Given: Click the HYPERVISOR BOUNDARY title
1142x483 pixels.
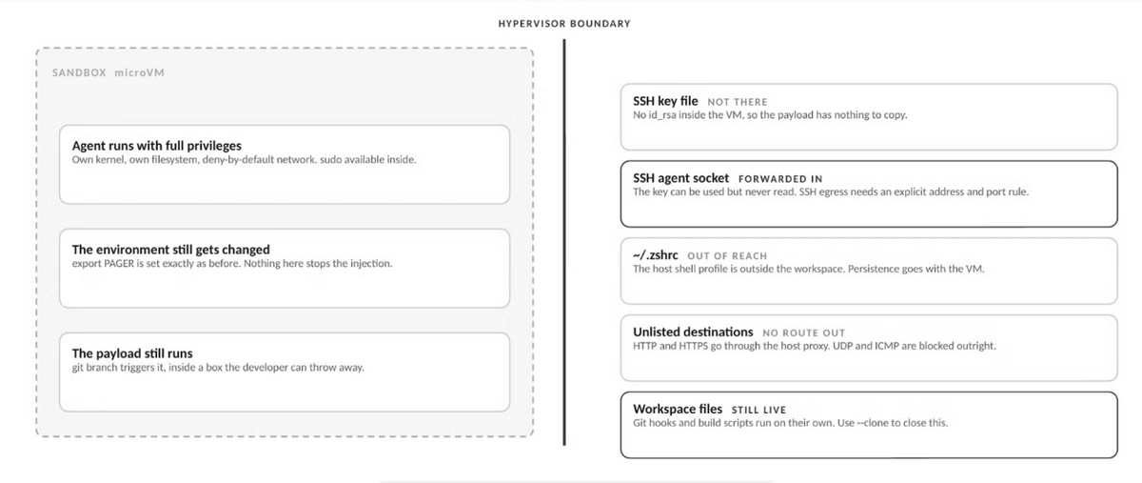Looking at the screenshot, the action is tap(564, 24).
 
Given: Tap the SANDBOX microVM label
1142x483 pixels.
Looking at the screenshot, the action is tap(108, 72).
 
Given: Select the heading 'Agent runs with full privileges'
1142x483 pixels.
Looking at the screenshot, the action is tap(156, 146).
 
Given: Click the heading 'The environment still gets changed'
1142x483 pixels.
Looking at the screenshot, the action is tap(170, 250).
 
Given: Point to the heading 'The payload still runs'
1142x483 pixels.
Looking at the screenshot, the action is tap(132, 353).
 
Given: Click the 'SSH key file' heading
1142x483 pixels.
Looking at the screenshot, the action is tap(665, 101).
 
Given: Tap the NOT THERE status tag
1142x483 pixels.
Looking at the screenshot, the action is tap(738, 102).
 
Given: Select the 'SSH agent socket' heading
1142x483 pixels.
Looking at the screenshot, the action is tap(680, 178).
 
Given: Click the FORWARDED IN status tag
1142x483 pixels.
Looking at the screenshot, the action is tap(780, 179).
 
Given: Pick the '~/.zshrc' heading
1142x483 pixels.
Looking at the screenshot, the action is tap(656, 255).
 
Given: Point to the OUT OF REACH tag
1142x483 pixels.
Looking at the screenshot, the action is tap(727, 256).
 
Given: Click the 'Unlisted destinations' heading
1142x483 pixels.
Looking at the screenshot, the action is tap(693, 332).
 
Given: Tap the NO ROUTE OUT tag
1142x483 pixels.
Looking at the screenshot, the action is tap(803, 333).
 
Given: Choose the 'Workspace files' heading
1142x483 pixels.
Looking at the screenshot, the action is tap(678, 409).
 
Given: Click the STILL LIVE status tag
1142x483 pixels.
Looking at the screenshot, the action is tap(758, 410).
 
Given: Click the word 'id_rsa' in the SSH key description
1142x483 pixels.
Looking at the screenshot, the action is tap(661, 115).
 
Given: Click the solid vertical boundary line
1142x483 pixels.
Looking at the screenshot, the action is tap(564, 242).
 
